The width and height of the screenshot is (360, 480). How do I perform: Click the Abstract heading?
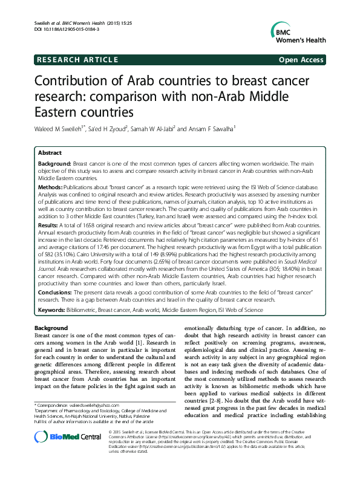(50, 154)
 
